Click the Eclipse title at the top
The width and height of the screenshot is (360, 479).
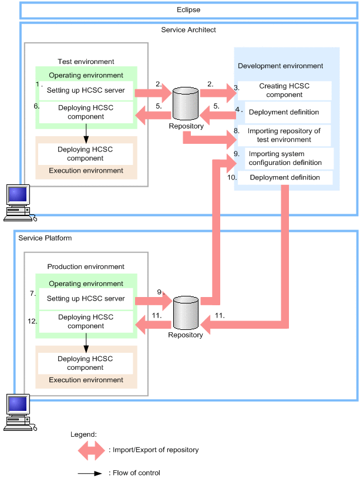(x=189, y=10)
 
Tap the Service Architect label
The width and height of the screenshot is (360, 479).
(x=189, y=30)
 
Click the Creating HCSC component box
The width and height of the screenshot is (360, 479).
(x=284, y=90)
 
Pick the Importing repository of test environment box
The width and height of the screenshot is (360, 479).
(x=284, y=136)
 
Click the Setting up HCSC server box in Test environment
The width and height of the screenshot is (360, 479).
(x=86, y=90)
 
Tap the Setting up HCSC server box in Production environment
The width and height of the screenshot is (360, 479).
(x=86, y=299)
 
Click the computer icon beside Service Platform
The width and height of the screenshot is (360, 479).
(x=18, y=411)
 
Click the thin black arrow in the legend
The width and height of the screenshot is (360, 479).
(x=90, y=473)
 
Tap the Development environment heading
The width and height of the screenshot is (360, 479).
(x=281, y=66)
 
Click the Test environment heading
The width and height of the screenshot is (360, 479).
(x=86, y=62)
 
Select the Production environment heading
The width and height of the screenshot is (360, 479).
(x=86, y=267)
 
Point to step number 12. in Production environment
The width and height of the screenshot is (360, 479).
(x=32, y=321)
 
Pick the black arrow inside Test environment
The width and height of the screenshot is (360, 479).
(x=86, y=133)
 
